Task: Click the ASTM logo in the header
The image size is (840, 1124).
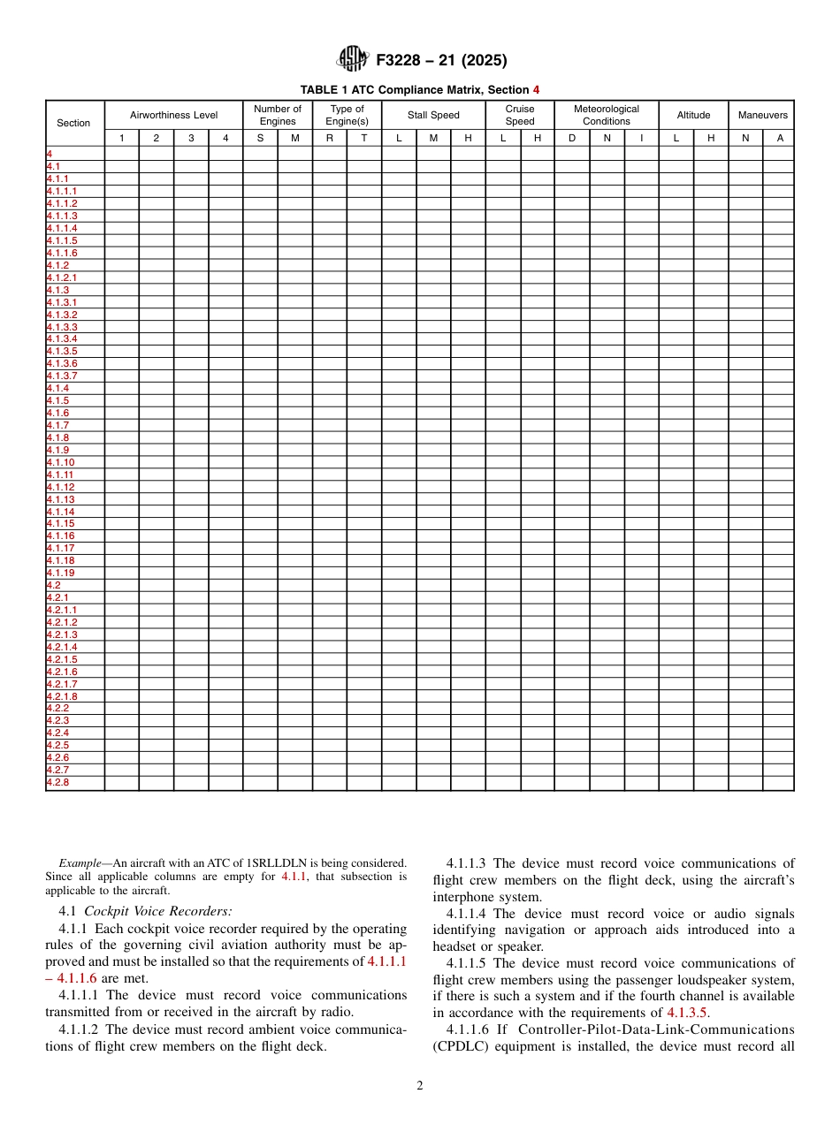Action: [x=352, y=60]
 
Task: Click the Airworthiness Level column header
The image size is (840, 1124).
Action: [x=173, y=115]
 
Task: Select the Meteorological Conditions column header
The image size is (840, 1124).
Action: [x=606, y=115]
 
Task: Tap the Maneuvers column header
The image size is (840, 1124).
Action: [x=762, y=115]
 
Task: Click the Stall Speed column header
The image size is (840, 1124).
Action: [x=433, y=115]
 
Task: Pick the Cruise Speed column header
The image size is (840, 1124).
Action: [x=520, y=115]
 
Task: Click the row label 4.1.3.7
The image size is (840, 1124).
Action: [x=62, y=376]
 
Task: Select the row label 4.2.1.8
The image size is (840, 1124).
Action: [x=62, y=696]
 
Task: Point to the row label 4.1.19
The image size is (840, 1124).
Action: [x=60, y=573]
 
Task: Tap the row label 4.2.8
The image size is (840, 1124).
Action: [x=57, y=783]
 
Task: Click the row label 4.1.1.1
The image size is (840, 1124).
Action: [x=62, y=191]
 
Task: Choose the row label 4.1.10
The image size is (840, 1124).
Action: [x=60, y=462]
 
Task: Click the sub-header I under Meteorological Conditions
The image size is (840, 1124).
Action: [x=641, y=138]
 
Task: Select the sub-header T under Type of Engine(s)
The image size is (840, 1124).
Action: [x=363, y=138]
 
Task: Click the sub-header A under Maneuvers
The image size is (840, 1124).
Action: [x=779, y=138]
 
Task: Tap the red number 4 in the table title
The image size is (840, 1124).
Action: [x=536, y=90]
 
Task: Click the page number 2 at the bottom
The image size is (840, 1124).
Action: [x=420, y=1086]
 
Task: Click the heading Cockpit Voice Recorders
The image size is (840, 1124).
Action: [x=158, y=911]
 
